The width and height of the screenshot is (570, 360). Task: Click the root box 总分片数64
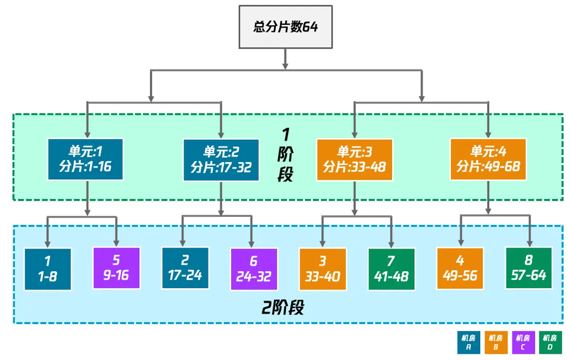point(286,26)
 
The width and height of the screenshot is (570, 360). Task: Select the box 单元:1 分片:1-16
point(85,159)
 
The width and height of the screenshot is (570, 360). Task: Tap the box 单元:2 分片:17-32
point(221,159)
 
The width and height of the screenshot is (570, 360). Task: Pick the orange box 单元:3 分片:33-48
point(355,159)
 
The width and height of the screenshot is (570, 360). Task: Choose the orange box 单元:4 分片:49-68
point(488,159)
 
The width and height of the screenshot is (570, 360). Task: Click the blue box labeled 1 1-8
point(47,269)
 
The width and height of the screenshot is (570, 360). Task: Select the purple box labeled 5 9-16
point(117,269)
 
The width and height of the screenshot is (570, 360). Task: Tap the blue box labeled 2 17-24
point(185,269)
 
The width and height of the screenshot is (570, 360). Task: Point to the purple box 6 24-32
point(254,269)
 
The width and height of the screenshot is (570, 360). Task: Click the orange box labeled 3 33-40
point(322,269)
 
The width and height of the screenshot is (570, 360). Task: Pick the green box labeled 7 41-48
point(391,269)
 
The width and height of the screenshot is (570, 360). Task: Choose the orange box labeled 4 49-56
point(460,269)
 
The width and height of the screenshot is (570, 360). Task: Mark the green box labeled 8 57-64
point(529,269)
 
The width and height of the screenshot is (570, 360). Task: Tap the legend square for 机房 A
point(469,343)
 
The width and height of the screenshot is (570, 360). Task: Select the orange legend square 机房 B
point(495,343)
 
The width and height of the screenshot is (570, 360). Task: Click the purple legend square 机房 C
point(522,343)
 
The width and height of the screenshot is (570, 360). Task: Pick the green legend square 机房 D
point(549,343)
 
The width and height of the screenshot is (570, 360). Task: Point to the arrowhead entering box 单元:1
point(87,135)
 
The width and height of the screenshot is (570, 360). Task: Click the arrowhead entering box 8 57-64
point(529,243)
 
